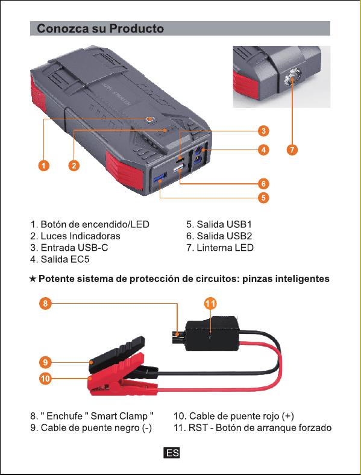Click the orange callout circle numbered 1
pyautogui.click(x=44, y=165)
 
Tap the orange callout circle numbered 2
pyautogui.click(x=74, y=165)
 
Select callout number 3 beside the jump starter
pyautogui.click(x=263, y=131)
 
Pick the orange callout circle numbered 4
pyautogui.click(x=263, y=149)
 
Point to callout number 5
pyautogui.click(x=263, y=198)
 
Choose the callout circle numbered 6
pyautogui.click(x=263, y=184)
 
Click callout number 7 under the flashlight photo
pyautogui.click(x=292, y=149)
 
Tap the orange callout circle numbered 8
pyautogui.click(x=45, y=303)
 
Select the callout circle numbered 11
pyautogui.click(x=211, y=303)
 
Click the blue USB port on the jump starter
pyautogui.click(x=160, y=178)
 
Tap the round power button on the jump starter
pyautogui.click(x=149, y=119)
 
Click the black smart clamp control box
pyautogui.click(x=212, y=333)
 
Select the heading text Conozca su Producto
pyautogui.click(x=100, y=28)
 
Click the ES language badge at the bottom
pyautogui.click(x=172, y=453)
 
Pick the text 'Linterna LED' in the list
pyautogui.click(x=225, y=248)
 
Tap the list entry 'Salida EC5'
pyautogui.click(x=60, y=259)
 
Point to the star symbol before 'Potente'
pyautogui.click(x=33, y=278)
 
